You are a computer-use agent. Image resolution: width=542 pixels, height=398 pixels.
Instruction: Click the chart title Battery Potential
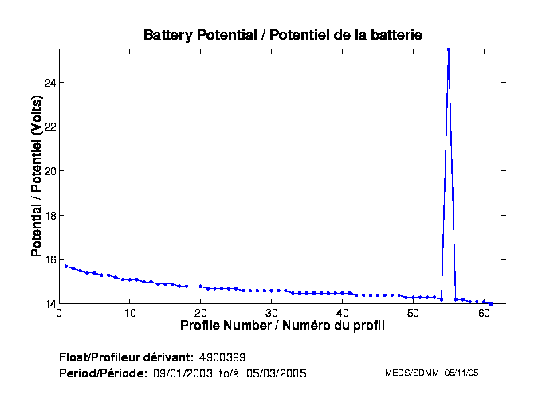click(x=282, y=35)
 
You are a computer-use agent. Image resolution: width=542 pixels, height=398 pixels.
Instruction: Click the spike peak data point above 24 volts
click(x=449, y=49)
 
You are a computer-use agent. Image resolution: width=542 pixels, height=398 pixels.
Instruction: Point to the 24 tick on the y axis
click(x=49, y=83)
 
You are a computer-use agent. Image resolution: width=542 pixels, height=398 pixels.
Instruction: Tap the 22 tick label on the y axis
click(x=49, y=127)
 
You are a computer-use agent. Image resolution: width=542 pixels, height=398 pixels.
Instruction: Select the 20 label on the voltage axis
click(x=49, y=171)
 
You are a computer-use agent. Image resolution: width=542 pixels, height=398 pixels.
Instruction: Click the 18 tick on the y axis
click(x=49, y=216)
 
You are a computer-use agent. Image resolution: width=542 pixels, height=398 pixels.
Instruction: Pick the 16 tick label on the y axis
click(x=49, y=260)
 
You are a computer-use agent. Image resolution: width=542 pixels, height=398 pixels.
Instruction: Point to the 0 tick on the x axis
click(x=59, y=313)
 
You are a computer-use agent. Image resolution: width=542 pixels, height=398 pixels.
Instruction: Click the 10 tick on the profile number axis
click(x=130, y=313)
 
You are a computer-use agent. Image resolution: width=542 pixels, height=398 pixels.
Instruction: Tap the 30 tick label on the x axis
click(x=272, y=313)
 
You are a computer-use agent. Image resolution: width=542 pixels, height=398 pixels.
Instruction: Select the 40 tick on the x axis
click(x=343, y=313)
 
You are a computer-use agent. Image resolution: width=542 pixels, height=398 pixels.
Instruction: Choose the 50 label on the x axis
click(x=413, y=313)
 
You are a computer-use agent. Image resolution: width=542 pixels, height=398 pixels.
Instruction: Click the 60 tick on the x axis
click(x=484, y=313)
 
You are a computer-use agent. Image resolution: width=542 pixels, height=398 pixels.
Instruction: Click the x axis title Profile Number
click(x=282, y=326)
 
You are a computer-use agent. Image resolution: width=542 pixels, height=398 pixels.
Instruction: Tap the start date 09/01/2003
click(x=183, y=373)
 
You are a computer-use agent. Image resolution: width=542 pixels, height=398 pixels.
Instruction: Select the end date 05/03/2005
click(x=275, y=373)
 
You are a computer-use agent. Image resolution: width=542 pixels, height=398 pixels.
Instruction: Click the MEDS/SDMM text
click(x=407, y=373)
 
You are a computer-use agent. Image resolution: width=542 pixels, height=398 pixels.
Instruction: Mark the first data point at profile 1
click(x=66, y=266)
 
